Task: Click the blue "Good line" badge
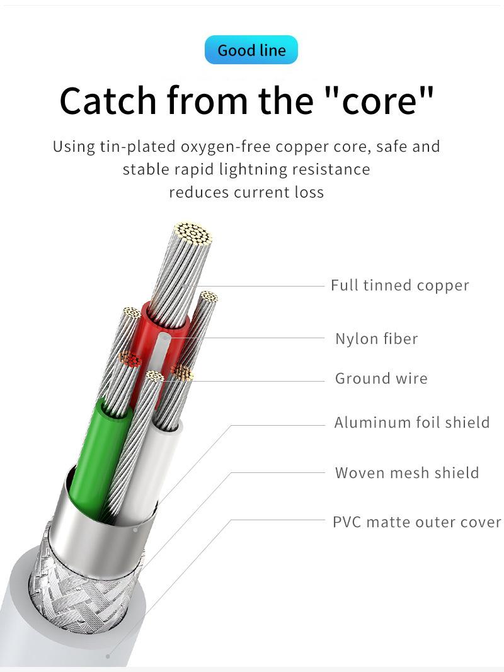[251, 50]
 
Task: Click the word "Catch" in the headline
[108, 100]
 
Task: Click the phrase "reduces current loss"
[246, 192]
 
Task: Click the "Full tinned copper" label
[399, 285]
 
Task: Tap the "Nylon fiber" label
[376, 339]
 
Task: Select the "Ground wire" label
[381, 379]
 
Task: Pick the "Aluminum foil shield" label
[411, 422]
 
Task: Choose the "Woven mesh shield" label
[406, 472]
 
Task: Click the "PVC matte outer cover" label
[416, 522]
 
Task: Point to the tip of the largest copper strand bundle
[192, 234]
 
